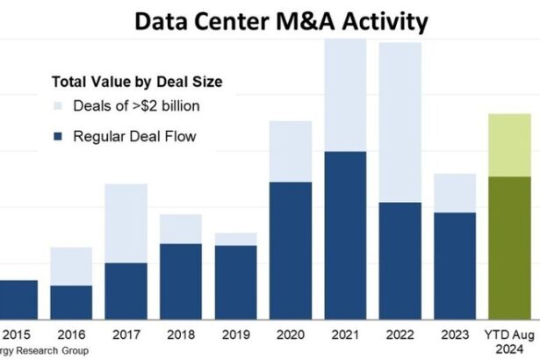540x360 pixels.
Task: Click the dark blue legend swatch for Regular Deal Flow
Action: point(59,137)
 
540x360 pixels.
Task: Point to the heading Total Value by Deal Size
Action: point(135,82)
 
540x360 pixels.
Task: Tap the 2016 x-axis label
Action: point(70,335)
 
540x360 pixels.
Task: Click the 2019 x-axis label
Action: point(234,335)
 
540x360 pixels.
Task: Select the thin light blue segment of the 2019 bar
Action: point(235,239)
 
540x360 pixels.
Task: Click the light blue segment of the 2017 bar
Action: point(126,223)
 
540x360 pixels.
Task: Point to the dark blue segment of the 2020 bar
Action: point(290,249)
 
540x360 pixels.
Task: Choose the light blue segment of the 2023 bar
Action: point(454,192)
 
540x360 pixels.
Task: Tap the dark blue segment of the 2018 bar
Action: point(181,280)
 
